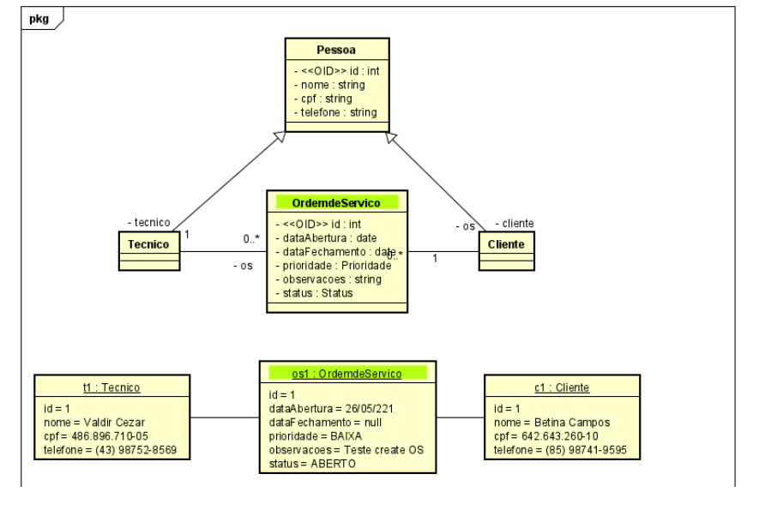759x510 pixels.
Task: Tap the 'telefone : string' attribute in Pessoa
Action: pyautogui.click(x=333, y=111)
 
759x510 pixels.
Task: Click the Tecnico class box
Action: pyautogui.click(x=148, y=243)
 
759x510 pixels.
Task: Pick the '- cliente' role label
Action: pyautogui.click(x=514, y=224)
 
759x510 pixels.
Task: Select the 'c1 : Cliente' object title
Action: pyautogui.click(x=561, y=387)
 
